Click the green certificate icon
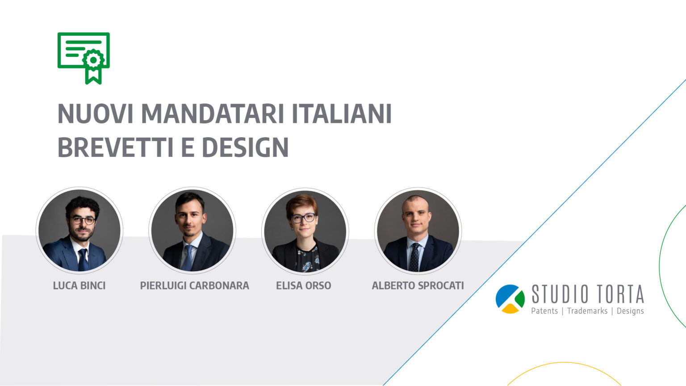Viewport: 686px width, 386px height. (x=84, y=58)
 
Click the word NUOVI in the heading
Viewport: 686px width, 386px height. (x=96, y=113)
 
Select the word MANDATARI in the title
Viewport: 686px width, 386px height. (x=213, y=113)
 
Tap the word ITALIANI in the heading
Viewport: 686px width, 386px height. (x=342, y=113)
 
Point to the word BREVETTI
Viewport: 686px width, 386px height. (x=116, y=147)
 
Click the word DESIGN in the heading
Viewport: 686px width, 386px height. (x=245, y=147)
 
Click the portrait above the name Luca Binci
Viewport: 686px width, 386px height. (x=79, y=231)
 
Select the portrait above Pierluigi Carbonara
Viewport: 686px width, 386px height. (x=192, y=231)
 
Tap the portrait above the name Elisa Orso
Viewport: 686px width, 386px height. (x=305, y=231)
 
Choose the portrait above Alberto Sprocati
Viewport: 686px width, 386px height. (x=418, y=231)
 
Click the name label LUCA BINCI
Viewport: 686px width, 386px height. (x=79, y=285)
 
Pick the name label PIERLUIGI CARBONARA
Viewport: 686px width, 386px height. (x=194, y=285)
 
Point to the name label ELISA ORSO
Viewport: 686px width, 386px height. (x=304, y=285)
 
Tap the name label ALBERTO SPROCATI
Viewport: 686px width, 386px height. (x=418, y=285)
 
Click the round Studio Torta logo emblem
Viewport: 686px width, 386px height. (x=510, y=299)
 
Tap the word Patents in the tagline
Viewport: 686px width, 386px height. (x=544, y=311)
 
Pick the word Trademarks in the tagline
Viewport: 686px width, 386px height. (x=587, y=311)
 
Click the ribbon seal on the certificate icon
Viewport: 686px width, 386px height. (x=93, y=66)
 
